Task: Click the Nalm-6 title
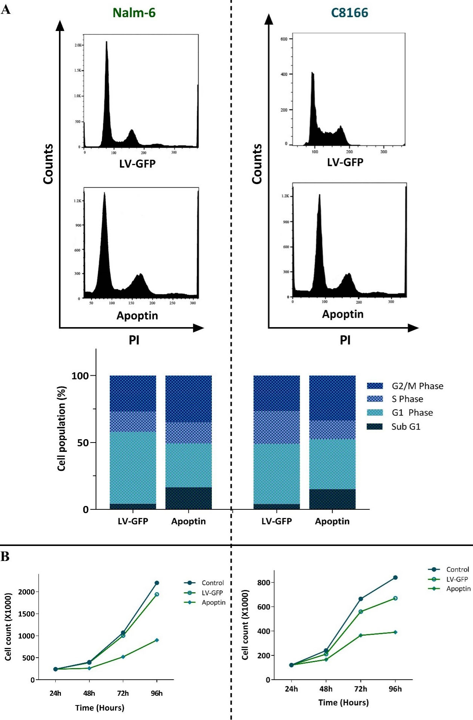(134, 13)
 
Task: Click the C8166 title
(349, 13)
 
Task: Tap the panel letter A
(6, 10)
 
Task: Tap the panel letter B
(5, 556)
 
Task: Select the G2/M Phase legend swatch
(375, 386)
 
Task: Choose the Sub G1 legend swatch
(375, 426)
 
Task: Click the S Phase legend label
(407, 399)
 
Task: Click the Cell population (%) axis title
(62, 429)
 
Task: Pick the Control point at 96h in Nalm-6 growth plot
(157, 583)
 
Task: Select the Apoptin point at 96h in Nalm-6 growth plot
(157, 640)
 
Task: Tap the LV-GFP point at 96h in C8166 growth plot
(395, 598)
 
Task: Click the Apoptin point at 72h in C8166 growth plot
(361, 635)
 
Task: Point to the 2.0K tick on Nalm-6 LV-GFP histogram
(78, 45)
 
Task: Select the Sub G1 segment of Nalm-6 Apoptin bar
(188, 498)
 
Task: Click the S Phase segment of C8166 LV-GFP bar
(276, 427)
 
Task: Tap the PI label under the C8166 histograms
(345, 340)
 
